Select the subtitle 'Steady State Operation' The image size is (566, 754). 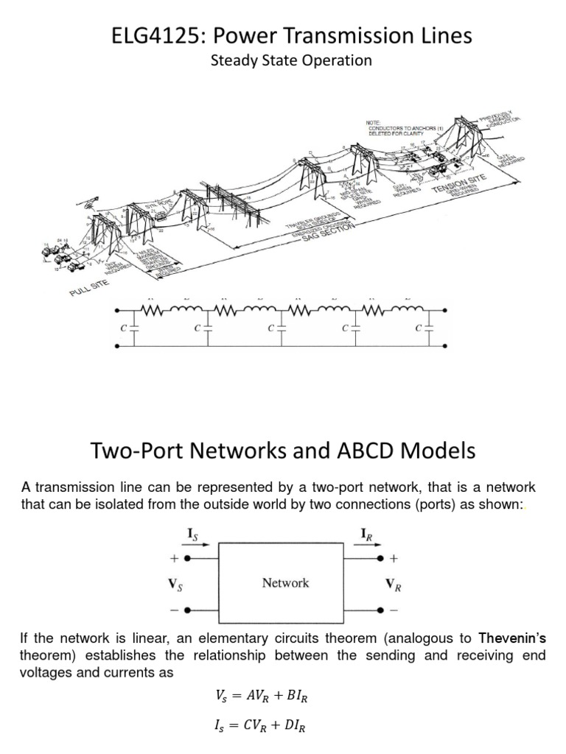coord(291,60)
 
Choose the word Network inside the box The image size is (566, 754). coord(285,583)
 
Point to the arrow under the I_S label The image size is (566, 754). coord(201,545)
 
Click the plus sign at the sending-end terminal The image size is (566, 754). coord(175,559)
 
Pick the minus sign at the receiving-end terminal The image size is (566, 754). coord(393,610)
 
